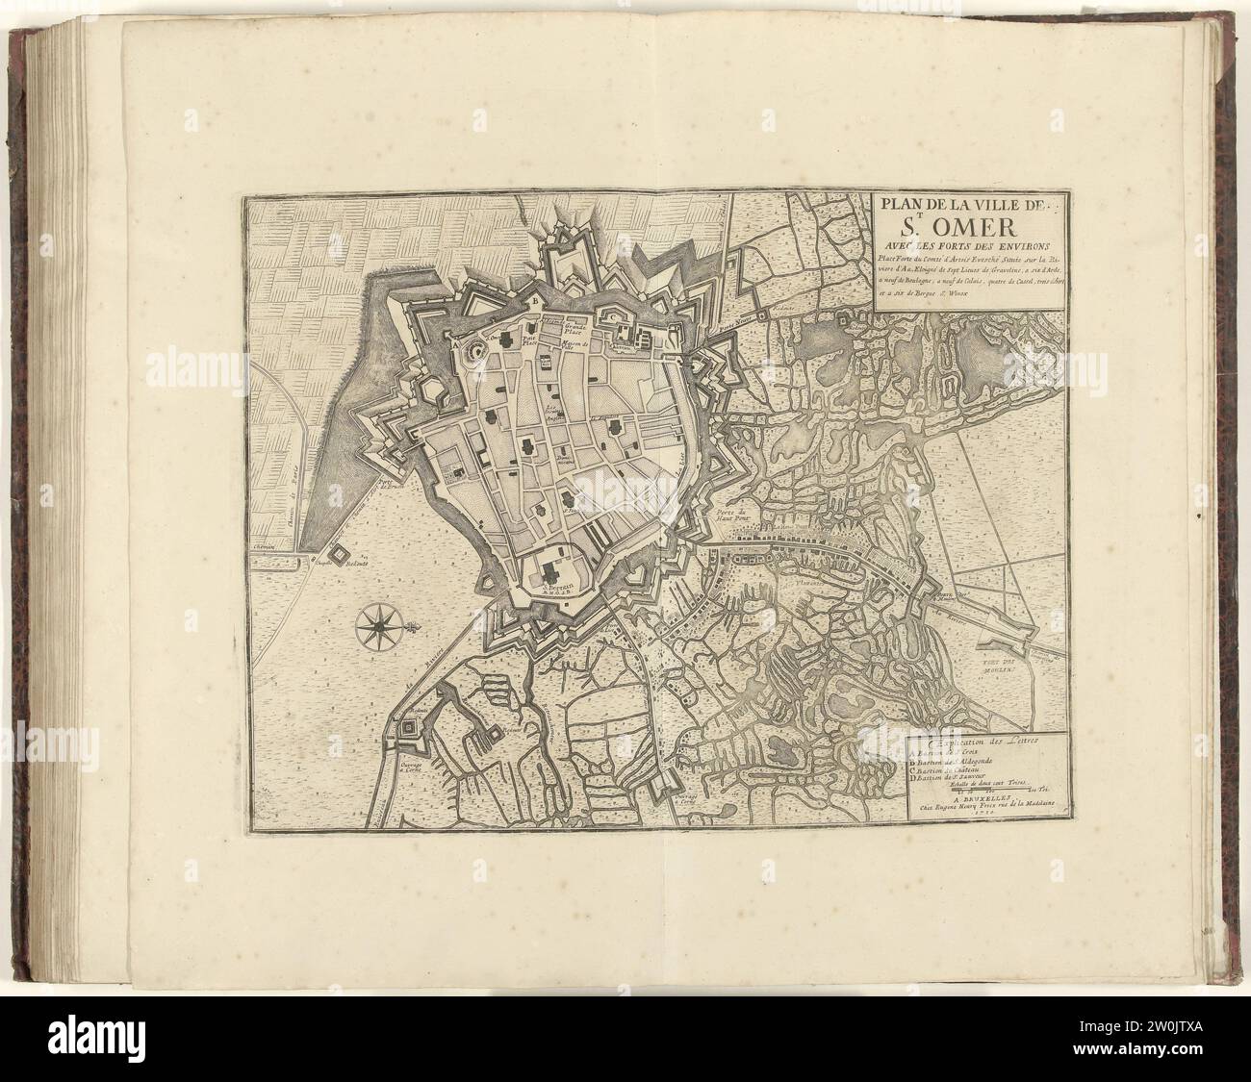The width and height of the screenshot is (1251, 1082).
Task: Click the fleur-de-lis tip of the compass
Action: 415,628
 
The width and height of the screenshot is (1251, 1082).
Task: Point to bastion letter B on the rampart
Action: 535,301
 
